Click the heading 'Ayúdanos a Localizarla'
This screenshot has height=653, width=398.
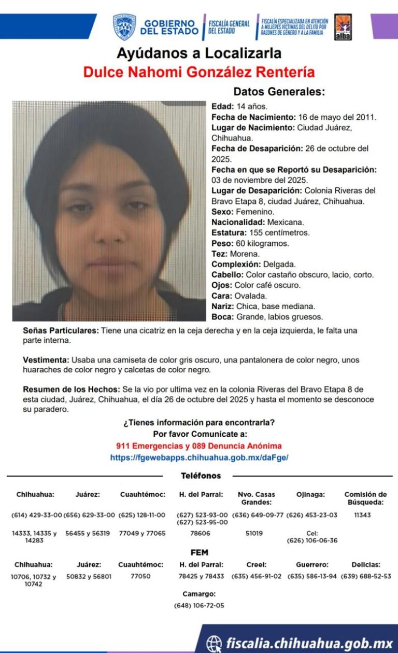tap(199, 53)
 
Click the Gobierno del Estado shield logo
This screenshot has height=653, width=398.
tap(124, 27)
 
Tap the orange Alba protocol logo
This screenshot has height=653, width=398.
tap(343, 27)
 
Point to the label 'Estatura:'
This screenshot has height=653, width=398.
tap(229, 232)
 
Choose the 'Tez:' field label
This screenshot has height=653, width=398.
tap(220, 254)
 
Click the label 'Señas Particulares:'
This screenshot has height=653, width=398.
tap(61, 330)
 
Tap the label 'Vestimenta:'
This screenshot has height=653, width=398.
tap(46, 360)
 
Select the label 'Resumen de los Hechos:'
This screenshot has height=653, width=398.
tap(71, 389)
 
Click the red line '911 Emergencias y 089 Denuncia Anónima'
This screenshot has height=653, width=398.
tap(199, 446)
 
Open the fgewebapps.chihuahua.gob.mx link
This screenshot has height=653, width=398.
tap(199, 457)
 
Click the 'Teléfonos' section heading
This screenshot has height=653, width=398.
tap(201, 476)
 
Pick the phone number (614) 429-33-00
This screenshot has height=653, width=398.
tap(36, 515)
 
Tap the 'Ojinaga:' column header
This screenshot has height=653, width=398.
tap(310, 494)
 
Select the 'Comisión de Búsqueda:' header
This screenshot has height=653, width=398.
tap(365, 498)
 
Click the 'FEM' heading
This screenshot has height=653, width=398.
tap(200, 552)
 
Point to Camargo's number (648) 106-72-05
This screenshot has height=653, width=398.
tap(199, 605)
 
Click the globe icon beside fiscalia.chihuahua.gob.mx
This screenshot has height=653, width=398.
tap(214, 643)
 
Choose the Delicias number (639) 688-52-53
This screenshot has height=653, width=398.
tap(365, 576)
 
